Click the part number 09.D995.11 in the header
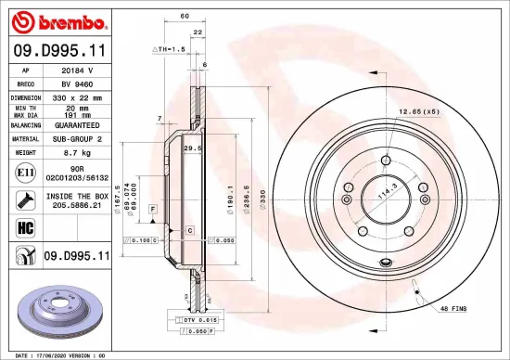click(58, 54)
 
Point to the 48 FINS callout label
click(453, 307)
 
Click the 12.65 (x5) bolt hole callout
click(418, 112)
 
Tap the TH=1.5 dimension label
click(170, 48)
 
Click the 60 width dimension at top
click(185, 17)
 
